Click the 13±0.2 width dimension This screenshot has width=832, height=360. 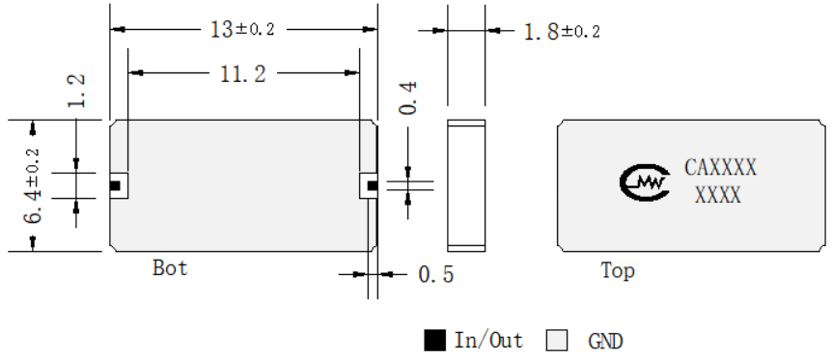[x=242, y=29]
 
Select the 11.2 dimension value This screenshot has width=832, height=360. [x=243, y=74]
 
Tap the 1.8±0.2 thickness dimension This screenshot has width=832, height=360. [x=562, y=32]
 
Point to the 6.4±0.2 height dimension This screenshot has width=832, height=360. [x=34, y=186]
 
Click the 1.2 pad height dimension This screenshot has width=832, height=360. [x=77, y=91]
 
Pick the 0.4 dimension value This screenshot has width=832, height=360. [x=408, y=98]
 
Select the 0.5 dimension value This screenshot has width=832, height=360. [x=436, y=274]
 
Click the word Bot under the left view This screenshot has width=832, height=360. [x=170, y=267]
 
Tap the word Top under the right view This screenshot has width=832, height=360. [x=617, y=271]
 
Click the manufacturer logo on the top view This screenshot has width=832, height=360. [x=644, y=182]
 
